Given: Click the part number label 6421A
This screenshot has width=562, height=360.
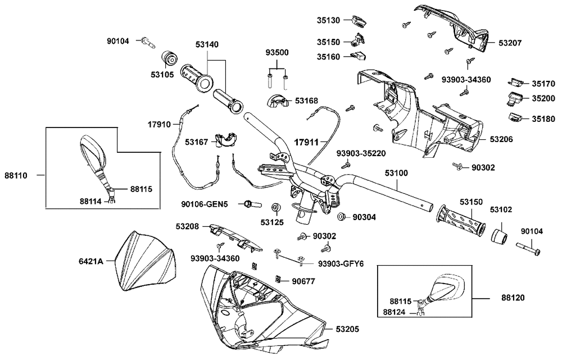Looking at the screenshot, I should coord(90,261).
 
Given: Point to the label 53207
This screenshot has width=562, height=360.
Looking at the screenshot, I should coord(509,43).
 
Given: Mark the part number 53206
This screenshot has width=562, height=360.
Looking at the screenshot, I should coord(501,138).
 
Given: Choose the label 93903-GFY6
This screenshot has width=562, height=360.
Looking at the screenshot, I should coord(341,264).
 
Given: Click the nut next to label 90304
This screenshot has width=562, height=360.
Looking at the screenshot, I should coord(341,216).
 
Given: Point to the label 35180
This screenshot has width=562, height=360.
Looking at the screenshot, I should coord(543,119).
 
